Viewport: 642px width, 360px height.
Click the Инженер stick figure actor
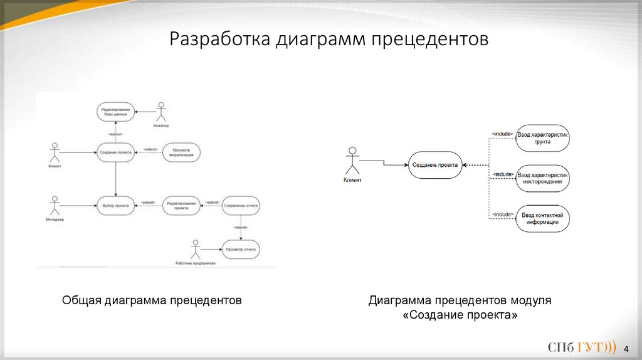(162, 113)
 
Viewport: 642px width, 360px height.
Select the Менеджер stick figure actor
(55, 205)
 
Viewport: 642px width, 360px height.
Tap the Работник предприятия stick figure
(196, 249)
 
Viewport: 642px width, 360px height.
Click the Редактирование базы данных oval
(116, 112)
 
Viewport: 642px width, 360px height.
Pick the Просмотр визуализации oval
(182, 152)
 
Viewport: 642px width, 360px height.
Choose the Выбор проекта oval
(116, 205)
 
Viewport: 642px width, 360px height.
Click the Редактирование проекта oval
(182, 205)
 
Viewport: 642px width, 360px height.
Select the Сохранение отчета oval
(240, 205)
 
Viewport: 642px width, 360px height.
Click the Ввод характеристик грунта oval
(543, 139)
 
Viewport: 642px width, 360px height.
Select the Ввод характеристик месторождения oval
(543, 178)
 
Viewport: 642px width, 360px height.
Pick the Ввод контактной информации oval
(543, 218)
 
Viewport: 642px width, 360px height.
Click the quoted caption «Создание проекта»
(460, 315)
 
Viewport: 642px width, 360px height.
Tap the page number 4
(627, 349)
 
